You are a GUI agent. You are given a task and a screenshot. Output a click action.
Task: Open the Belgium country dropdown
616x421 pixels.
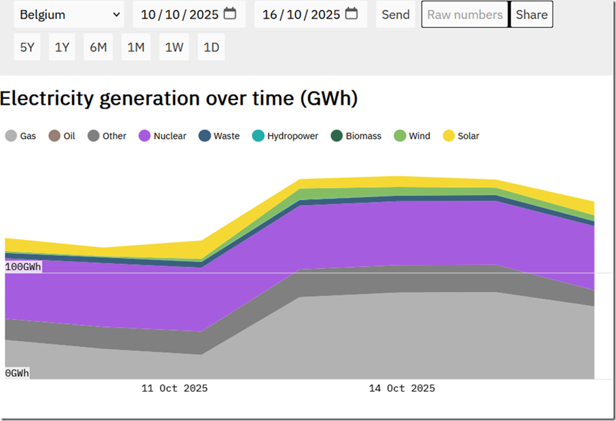[x=69, y=14]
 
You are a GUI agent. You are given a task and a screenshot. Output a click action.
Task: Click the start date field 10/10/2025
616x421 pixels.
[x=189, y=14]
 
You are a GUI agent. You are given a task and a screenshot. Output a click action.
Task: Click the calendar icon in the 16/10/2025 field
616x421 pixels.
[x=351, y=14]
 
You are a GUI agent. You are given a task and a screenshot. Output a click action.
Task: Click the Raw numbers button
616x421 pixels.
[x=465, y=14]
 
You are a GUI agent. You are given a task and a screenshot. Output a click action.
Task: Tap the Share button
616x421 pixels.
[x=531, y=14]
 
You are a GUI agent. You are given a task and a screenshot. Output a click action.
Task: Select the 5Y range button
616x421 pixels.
[x=27, y=47]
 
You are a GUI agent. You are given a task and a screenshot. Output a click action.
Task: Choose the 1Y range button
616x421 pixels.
[x=62, y=47]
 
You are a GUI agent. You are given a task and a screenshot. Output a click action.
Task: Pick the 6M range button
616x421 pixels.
[x=98, y=47]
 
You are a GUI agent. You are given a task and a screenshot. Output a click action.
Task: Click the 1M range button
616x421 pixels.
[x=136, y=47]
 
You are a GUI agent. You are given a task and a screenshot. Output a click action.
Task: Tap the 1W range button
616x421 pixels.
[x=174, y=47]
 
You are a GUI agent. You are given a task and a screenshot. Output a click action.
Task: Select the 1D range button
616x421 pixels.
[x=212, y=47]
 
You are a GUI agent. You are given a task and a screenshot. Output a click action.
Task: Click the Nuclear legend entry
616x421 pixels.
[x=163, y=136]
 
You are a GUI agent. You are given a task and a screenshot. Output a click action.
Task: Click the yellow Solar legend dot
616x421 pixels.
[x=449, y=136]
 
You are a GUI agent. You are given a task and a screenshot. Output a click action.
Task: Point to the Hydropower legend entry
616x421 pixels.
[x=285, y=136]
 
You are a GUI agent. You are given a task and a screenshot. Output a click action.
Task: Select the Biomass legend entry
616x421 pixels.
[x=356, y=136]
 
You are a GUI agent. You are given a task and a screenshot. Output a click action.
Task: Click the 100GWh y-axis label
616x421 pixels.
[x=23, y=267]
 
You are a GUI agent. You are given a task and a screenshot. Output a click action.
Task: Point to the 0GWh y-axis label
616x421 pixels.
[x=17, y=373]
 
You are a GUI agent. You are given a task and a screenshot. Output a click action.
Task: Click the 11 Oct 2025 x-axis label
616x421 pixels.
[x=174, y=388]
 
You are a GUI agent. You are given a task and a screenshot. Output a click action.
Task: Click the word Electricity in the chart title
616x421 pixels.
[x=47, y=98]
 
